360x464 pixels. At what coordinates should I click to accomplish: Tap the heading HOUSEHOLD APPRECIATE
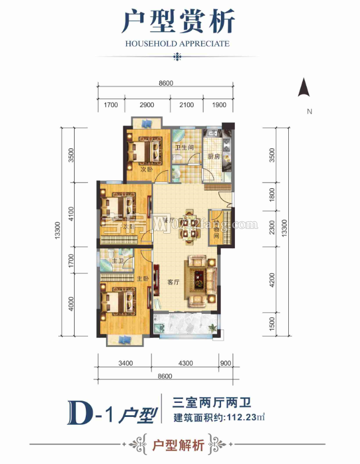(178, 43)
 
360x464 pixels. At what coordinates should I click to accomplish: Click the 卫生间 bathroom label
(184, 148)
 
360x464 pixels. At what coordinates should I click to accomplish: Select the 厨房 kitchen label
(213, 157)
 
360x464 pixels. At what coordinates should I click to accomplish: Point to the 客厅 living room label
(174, 282)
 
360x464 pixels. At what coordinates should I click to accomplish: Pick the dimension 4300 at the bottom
(185, 363)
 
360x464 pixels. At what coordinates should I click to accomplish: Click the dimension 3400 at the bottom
(126, 363)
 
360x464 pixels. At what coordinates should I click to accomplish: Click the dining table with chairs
(188, 225)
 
